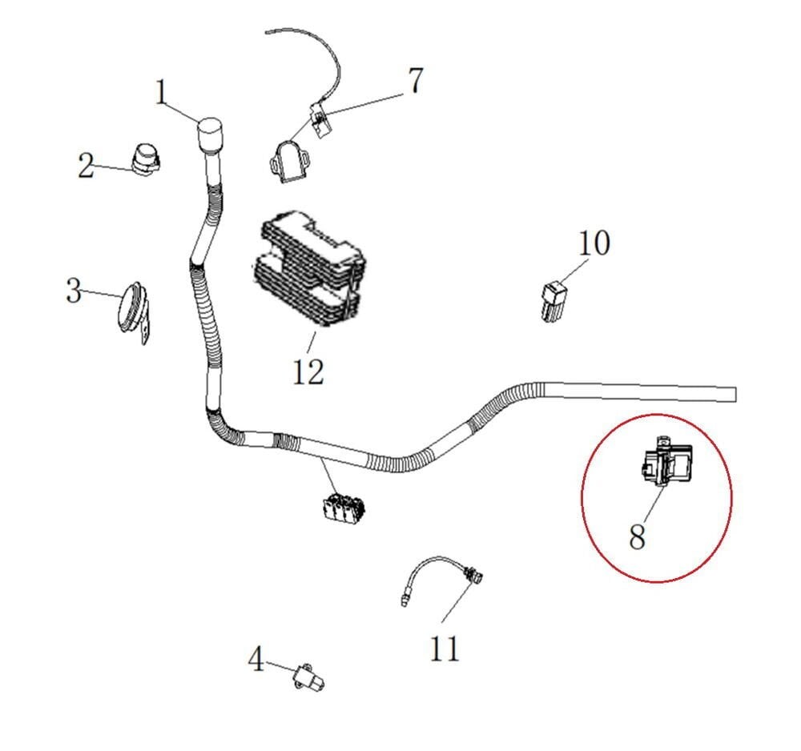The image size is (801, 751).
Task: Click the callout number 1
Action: [162, 93]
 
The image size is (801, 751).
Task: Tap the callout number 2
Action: [87, 166]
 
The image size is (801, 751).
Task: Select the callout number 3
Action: [74, 291]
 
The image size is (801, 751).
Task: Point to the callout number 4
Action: [256, 661]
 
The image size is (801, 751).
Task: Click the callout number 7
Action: [415, 82]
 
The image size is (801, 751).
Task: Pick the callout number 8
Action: [637, 536]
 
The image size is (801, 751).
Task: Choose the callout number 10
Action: [594, 243]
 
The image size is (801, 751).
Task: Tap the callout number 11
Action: [445, 647]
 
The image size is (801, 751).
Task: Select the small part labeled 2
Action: [146, 158]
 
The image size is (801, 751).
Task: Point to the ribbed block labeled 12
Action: [308, 268]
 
